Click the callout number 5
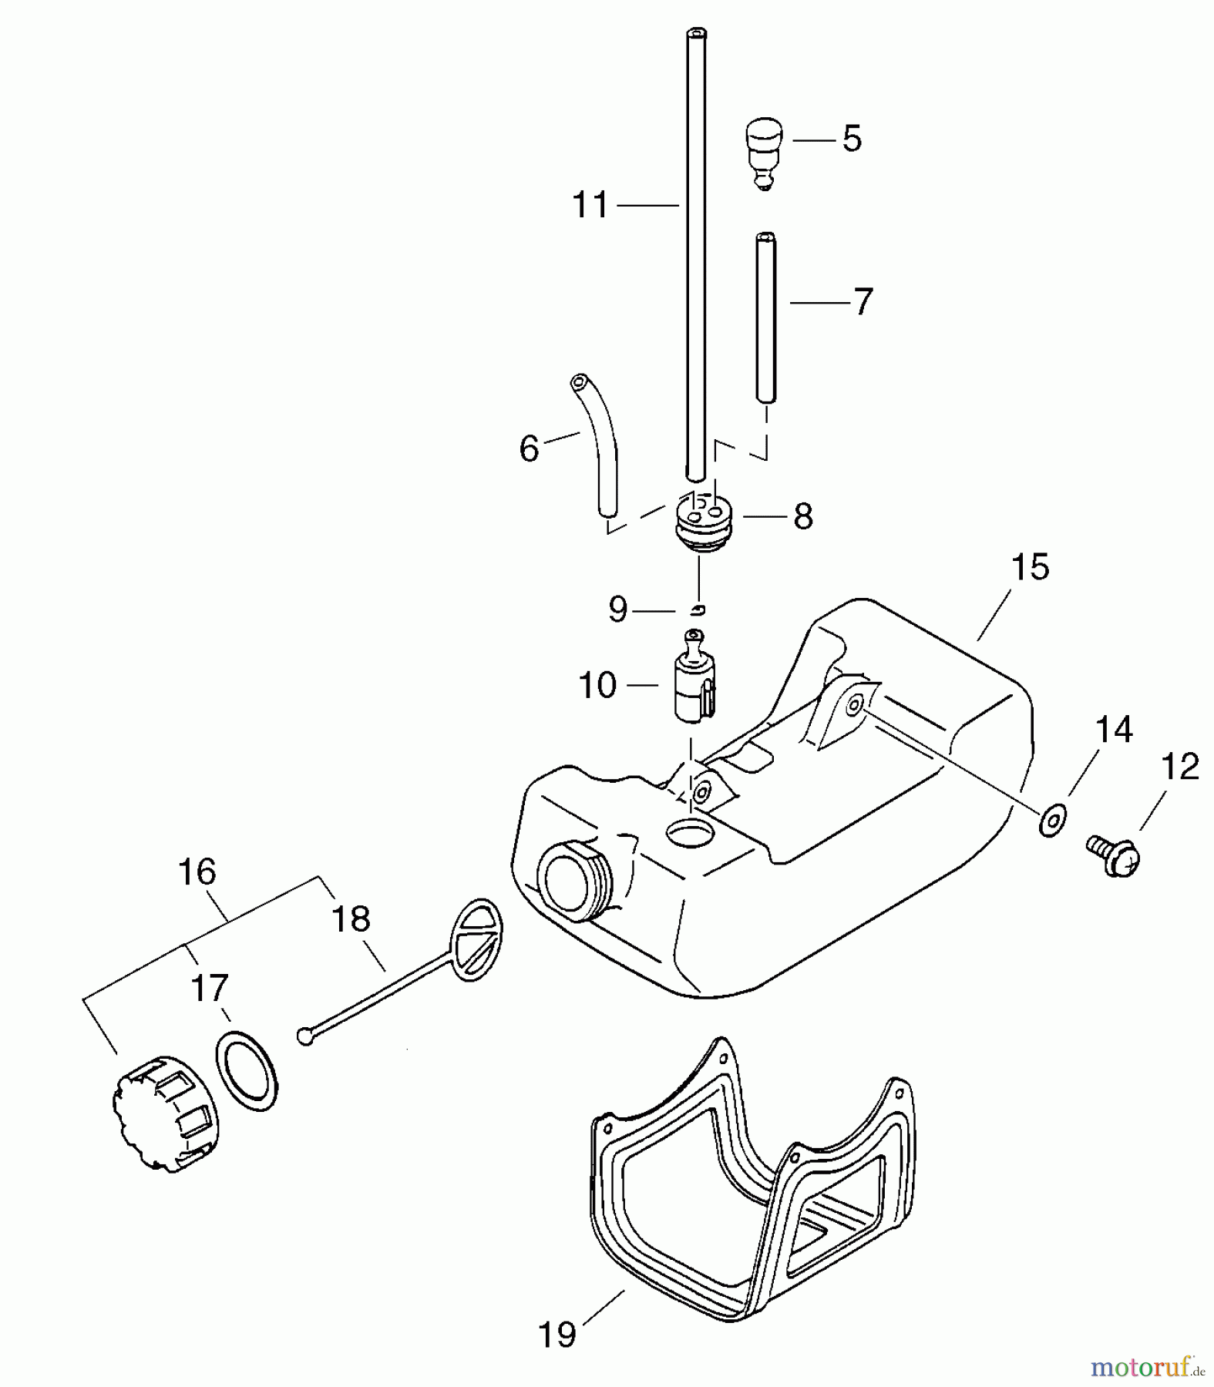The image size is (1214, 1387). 852,139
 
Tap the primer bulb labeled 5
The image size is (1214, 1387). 763,149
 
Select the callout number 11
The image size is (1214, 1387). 590,206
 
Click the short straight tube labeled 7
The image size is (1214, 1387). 765,317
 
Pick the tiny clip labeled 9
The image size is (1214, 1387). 698,610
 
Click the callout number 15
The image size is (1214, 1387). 1030,567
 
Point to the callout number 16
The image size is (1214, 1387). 197,872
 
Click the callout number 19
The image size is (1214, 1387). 557,1335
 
